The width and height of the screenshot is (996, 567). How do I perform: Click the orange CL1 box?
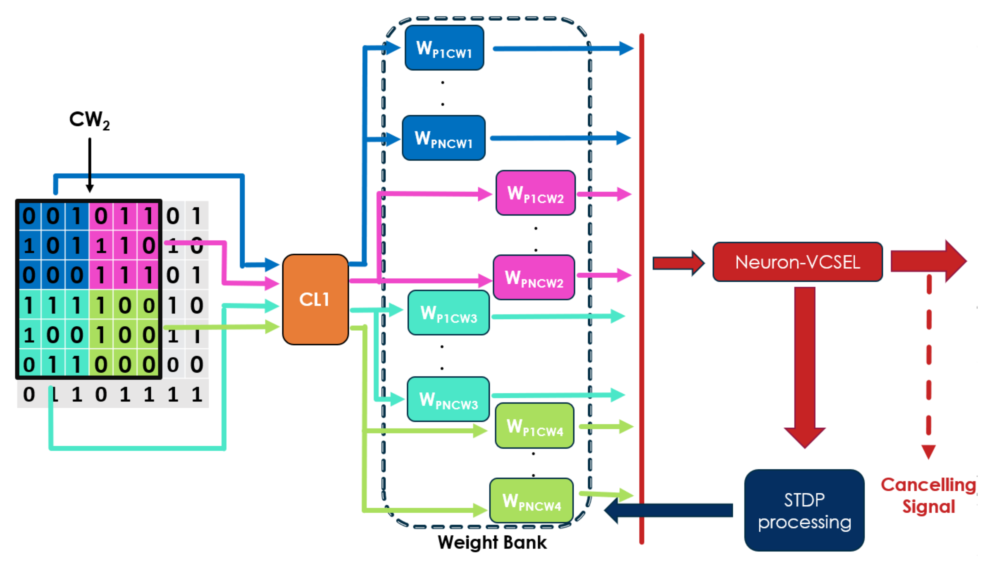pyautogui.click(x=315, y=299)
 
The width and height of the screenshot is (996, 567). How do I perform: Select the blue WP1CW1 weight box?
pyautogui.click(x=444, y=48)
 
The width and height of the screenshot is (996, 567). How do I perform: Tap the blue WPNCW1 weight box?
pyautogui.click(x=443, y=138)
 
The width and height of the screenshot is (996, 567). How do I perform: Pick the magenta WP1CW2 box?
pyautogui.click(x=535, y=193)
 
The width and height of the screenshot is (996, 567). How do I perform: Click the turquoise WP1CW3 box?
pyautogui.click(x=448, y=313)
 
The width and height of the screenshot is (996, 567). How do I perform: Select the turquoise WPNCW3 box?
pyautogui.click(x=448, y=399)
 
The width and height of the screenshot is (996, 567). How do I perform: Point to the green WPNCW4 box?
pyautogui.click(x=531, y=501)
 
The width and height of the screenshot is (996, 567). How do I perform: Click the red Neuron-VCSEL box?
pyautogui.click(x=797, y=262)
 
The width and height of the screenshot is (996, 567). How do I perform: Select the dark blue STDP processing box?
pyautogui.click(x=804, y=510)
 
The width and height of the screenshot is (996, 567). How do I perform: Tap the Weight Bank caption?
pyautogui.click(x=492, y=542)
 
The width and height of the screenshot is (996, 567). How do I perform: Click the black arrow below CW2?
pyautogui.click(x=90, y=163)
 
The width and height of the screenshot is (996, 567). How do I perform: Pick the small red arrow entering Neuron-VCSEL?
pyautogui.click(x=678, y=263)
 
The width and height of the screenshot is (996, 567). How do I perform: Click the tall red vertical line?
pyautogui.click(x=641, y=288)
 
